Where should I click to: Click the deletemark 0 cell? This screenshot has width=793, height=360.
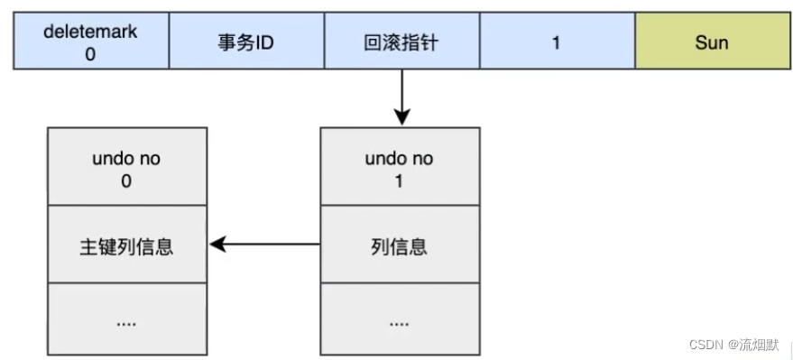[90, 42]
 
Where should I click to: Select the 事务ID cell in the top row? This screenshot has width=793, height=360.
[246, 42]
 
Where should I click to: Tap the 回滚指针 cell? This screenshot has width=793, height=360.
[401, 42]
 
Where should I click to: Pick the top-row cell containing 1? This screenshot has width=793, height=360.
[557, 42]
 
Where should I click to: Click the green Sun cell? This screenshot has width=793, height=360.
[712, 42]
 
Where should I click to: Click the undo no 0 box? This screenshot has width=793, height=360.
[126, 167]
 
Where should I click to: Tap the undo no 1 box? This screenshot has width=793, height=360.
[400, 167]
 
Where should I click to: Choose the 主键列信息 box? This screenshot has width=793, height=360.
[126, 245]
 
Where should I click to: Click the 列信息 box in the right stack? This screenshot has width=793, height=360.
[400, 245]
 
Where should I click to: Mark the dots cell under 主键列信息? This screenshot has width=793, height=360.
[126, 320]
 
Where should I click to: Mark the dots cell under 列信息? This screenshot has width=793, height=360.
[400, 320]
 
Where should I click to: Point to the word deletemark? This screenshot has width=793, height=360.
[90, 32]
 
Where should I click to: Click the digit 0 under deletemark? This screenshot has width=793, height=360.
[90, 53]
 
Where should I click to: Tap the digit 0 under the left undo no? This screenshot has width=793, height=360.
[126, 180]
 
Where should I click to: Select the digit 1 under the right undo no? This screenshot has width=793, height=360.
[400, 180]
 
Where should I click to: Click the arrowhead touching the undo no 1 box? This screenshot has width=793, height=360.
[401, 118]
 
